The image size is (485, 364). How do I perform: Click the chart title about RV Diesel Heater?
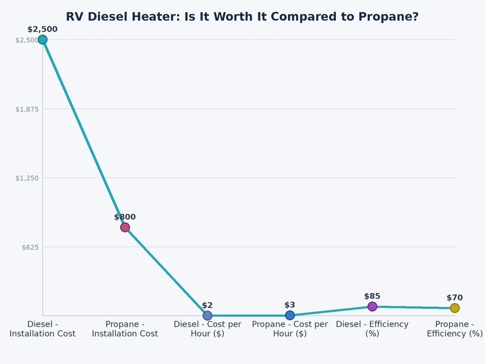coord(242,17)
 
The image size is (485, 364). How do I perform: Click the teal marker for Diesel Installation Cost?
coord(42,40)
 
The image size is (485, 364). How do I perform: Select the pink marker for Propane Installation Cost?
coord(125,227)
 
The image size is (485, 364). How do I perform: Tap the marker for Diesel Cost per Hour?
coord(207,315)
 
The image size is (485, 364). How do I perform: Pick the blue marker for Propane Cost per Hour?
coord(290,315)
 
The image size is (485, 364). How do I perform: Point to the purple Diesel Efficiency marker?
coord(372,306)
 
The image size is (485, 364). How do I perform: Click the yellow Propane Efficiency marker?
coord(455,308)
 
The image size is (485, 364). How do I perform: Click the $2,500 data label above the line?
coord(42,29)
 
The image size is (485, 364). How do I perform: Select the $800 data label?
coord(125,217)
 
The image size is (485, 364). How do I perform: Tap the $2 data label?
coord(207,305)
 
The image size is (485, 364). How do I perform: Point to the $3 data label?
coord(290,305)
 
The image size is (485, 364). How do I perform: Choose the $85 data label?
coord(372,296)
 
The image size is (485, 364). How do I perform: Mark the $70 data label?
coord(455,298)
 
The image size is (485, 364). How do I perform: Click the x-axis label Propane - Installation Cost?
coord(125,329)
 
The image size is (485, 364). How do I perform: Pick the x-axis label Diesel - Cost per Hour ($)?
coord(207,329)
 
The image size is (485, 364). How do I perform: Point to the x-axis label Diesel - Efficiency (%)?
coord(372,329)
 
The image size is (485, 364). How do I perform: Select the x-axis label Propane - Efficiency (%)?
coord(455,329)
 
